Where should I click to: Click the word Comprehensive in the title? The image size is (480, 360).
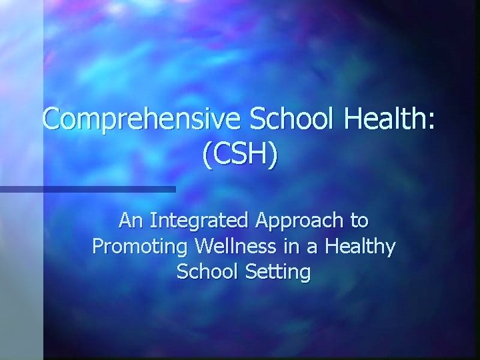click(x=141, y=120)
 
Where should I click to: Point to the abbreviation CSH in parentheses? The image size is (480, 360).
click(x=240, y=156)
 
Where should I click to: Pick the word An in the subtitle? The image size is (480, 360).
click(x=130, y=219)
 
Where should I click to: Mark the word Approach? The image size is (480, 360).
click(x=300, y=220)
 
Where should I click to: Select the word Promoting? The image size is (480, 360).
click(x=140, y=247)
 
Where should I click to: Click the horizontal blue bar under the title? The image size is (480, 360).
click(x=87, y=189)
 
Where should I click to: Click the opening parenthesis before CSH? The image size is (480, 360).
click(x=204, y=156)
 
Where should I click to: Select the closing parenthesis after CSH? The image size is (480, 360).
click(x=275, y=156)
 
